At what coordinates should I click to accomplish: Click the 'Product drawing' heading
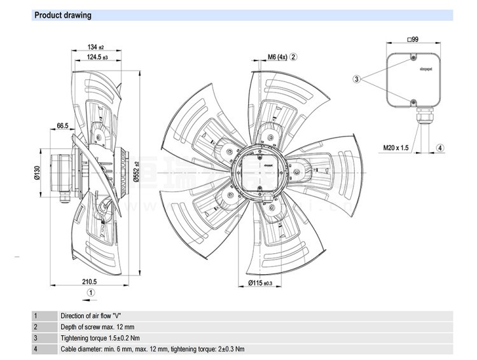(62, 15)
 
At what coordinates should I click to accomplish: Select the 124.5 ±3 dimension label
(97, 58)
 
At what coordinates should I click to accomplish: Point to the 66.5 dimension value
(62, 126)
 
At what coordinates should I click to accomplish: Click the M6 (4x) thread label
(277, 57)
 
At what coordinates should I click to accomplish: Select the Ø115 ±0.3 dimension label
(259, 282)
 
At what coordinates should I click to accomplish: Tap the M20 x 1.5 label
(396, 148)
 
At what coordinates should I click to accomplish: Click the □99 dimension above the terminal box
(412, 40)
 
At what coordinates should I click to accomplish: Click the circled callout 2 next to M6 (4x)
(294, 57)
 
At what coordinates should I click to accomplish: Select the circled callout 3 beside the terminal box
(357, 80)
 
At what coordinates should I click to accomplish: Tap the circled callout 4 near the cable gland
(439, 148)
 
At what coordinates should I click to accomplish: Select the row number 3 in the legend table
(36, 338)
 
